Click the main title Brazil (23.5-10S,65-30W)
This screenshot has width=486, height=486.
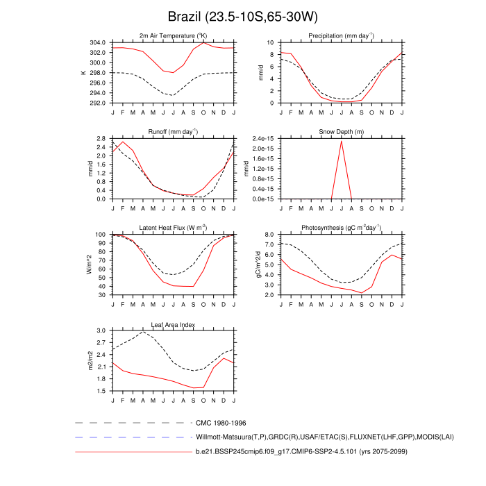click(x=243, y=16)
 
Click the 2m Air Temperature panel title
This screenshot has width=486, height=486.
click(x=174, y=35)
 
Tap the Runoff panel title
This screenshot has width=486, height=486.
click(x=174, y=132)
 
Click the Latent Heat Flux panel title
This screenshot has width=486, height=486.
click(x=174, y=228)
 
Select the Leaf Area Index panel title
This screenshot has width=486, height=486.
click(x=174, y=324)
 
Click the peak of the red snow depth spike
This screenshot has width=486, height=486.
click(x=342, y=141)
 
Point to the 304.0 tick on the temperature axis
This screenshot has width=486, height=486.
click(x=97, y=42)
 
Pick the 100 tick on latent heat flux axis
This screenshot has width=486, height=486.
click(x=101, y=235)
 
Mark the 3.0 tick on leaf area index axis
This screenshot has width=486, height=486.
click(x=101, y=331)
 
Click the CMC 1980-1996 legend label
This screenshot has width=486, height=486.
click(x=221, y=422)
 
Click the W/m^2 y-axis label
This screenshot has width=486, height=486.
click(x=88, y=265)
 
